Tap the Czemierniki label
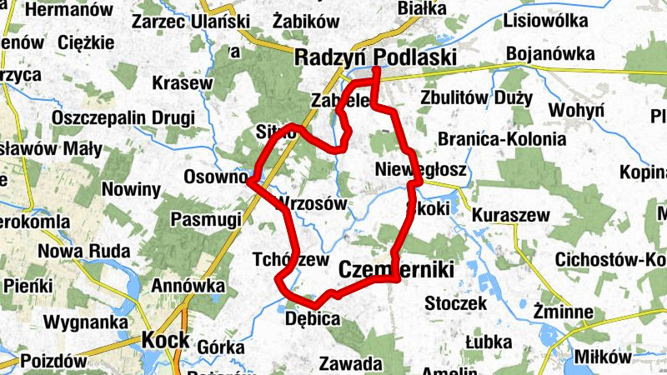click(396, 270)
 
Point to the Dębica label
click(313, 318)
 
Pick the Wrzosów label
click(309, 202)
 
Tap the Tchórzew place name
click(290, 260)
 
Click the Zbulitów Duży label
click(477, 97)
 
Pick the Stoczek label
click(455, 303)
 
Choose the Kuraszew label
click(510, 216)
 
